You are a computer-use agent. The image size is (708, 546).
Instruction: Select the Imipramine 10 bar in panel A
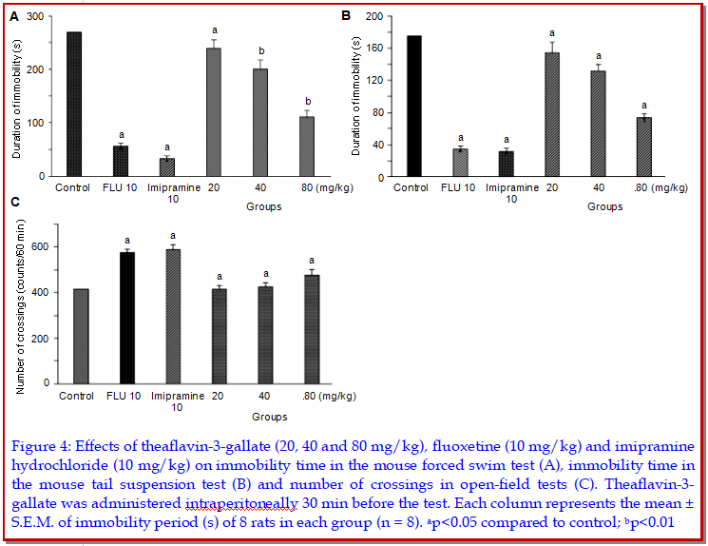pos(166,167)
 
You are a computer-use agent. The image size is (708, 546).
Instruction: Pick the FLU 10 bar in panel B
pos(459,163)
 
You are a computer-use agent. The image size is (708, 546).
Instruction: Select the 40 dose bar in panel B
pos(597,124)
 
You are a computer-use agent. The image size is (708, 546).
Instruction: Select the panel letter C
pos(14,201)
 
